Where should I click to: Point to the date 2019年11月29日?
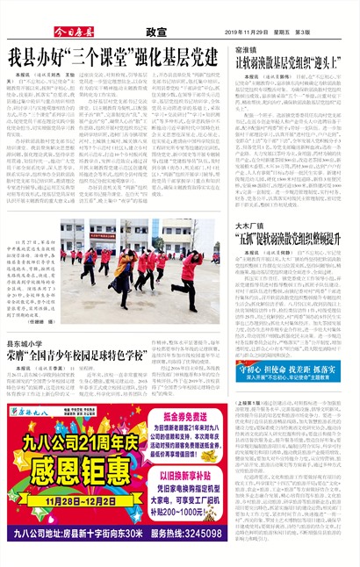(x=244, y=32)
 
